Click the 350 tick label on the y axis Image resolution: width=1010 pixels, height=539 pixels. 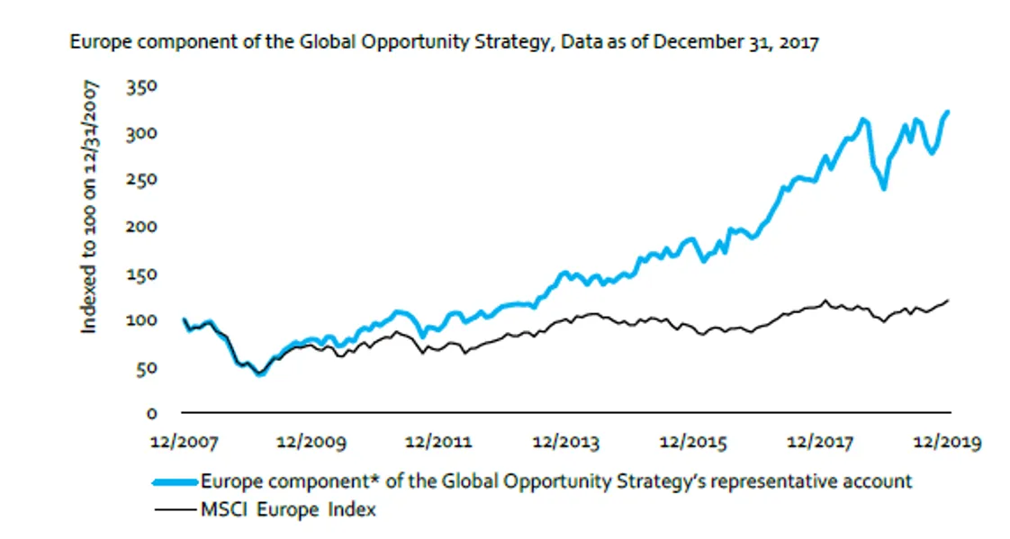click(141, 87)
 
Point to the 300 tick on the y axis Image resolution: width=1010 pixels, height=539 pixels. click(141, 134)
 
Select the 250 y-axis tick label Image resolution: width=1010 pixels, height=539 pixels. click(141, 180)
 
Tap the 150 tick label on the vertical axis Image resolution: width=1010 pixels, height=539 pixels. click(141, 274)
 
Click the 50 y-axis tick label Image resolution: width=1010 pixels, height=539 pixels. click(146, 367)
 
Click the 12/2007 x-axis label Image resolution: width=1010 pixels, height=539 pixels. click(181, 443)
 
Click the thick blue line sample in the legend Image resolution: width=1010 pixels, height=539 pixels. click(175, 481)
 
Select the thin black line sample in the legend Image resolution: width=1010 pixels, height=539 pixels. click(175, 510)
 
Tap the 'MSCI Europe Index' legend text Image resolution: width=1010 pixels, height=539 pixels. click(288, 510)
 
